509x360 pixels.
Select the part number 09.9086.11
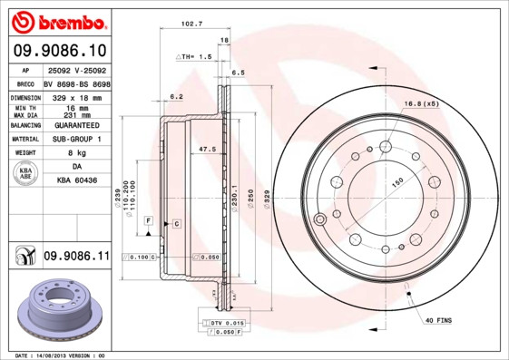(76, 258)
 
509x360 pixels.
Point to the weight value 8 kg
(76, 153)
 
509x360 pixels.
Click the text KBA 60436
(77, 181)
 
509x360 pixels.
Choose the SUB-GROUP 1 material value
(77, 139)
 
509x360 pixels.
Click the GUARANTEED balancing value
(77, 124)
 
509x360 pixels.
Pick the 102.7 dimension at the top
(189, 24)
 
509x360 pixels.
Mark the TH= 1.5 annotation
(193, 56)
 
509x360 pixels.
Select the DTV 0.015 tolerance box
(226, 323)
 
